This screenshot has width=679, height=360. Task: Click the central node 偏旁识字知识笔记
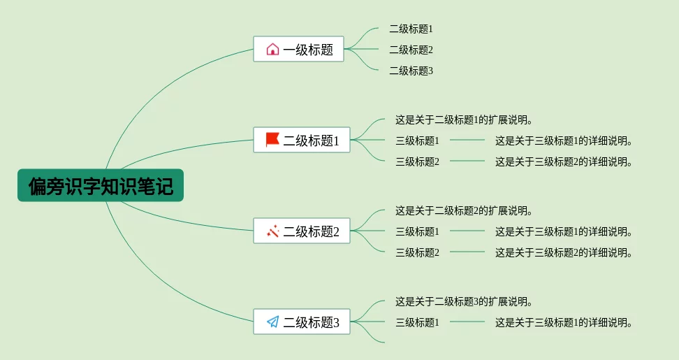pyautogui.click(x=101, y=186)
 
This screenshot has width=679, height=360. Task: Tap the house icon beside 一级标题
pyautogui.click(x=272, y=49)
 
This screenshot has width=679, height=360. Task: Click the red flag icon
pyautogui.click(x=272, y=140)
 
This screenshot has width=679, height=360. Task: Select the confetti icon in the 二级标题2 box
pyautogui.click(x=272, y=231)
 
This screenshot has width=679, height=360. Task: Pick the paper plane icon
pyautogui.click(x=272, y=322)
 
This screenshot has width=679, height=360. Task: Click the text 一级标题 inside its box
pyautogui.click(x=308, y=50)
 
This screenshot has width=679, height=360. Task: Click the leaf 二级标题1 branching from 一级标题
pyautogui.click(x=411, y=29)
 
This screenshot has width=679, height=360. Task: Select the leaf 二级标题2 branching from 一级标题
pyautogui.click(x=411, y=50)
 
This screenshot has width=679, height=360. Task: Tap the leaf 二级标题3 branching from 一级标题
pyautogui.click(x=411, y=71)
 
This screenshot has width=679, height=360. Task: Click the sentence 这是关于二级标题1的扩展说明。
pyautogui.click(x=465, y=120)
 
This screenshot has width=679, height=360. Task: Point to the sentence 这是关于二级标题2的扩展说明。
pyautogui.click(x=465, y=211)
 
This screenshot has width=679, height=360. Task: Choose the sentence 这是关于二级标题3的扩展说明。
pyautogui.click(x=465, y=302)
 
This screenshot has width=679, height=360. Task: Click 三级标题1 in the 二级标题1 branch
pyautogui.click(x=417, y=141)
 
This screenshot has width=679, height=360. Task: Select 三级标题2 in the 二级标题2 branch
pyautogui.click(x=417, y=253)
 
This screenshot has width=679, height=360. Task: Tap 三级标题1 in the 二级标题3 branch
pyautogui.click(x=417, y=323)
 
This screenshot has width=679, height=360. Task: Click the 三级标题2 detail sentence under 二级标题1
pyautogui.click(x=564, y=162)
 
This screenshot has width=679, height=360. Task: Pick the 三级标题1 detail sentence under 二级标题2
pyautogui.click(x=564, y=232)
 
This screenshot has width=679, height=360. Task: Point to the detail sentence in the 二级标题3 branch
pyautogui.click(x=564, y=323)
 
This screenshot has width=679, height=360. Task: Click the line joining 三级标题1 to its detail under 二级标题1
pyautogui.click(x=467, y=140)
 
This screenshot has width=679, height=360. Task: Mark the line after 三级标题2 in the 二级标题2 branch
pyautogui.click(x=467, y=252)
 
